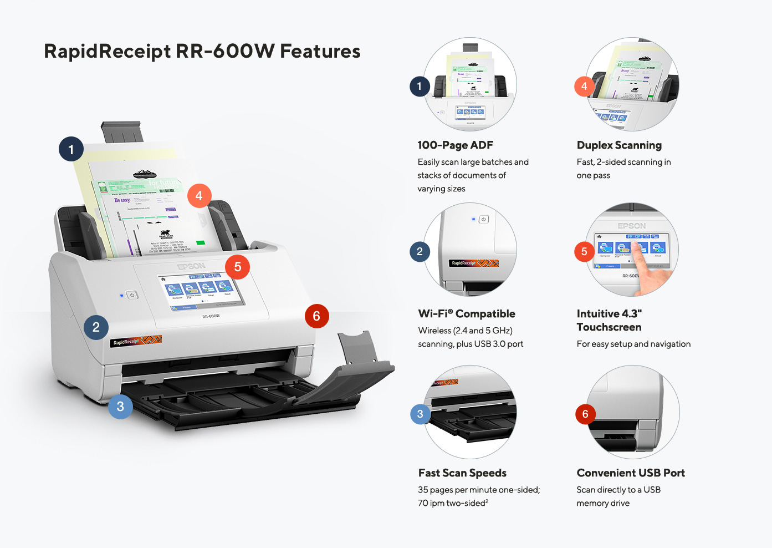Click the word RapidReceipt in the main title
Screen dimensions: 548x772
click(x=107, y=52)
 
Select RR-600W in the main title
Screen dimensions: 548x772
click(x=224, y=51)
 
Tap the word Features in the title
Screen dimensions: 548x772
click(x=320, y=51)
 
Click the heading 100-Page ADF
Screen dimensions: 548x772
click(x=455, y=145)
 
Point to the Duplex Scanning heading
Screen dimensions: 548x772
click(x=619, y=145)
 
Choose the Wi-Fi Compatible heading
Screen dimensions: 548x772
click(x=467, y=314)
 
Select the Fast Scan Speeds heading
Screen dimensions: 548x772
click(x=462, y=473)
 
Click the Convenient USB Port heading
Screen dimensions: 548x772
click(x=631, y=473)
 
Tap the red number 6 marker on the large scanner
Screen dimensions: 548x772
click(x=316, y=316)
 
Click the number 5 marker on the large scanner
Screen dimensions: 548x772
click(x=237, y=267)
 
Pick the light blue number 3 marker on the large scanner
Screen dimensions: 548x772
click(x=120, y=407)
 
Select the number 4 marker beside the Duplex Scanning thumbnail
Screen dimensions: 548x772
click(x=584, y=87)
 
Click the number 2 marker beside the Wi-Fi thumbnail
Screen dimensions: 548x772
click(x=420, y=252)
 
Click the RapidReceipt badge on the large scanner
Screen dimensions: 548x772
click(x=135, y=341)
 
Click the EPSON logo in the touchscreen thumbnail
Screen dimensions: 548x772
click(x=632, y=226)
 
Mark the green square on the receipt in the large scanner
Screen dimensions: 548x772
click(x=200, y=243)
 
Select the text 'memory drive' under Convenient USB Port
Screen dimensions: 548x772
click(x=603, y=504)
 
